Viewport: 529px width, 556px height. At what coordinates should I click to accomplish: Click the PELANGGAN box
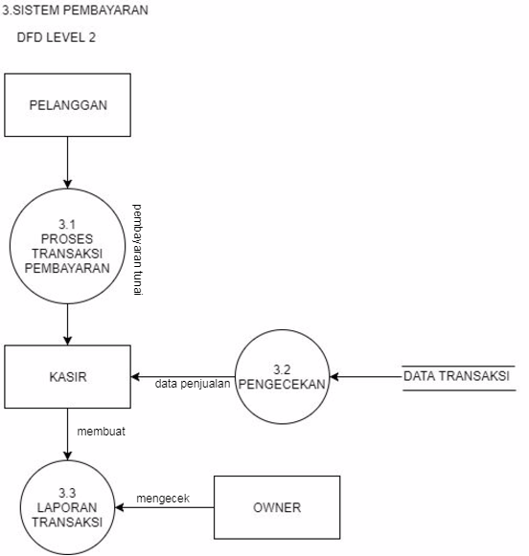coord(67,104)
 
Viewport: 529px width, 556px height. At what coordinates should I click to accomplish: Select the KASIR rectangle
coord(67,376)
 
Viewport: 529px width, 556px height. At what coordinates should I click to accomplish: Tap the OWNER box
coord(276,506)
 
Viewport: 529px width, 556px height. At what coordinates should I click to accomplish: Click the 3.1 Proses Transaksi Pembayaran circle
coord(67,247)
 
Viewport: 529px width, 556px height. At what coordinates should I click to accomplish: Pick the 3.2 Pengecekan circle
coord(283,376)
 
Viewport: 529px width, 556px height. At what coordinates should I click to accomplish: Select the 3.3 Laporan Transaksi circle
coord(67,507)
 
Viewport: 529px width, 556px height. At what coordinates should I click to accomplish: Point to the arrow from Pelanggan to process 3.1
coord(67,163)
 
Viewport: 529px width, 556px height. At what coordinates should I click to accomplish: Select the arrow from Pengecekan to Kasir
coord(182,376)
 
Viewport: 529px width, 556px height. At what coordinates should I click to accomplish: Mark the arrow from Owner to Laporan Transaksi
coord(163,507)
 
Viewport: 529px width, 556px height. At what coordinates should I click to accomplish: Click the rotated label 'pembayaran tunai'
coord(137,250)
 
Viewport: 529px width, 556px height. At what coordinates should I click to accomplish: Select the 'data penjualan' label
coord(193,385)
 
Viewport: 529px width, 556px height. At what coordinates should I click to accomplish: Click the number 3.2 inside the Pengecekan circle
coord(283,367)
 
